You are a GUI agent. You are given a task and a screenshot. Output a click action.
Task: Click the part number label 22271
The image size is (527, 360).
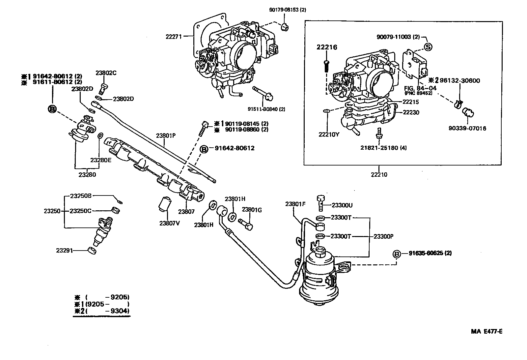click(x=173, y=37)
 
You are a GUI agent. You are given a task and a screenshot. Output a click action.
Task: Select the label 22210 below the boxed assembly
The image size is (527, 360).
click(x=379, y=175)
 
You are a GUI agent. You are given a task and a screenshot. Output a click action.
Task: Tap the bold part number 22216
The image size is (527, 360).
click(x=327, y=47)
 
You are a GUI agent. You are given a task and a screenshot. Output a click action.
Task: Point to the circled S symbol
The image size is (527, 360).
click(x=428, y=47)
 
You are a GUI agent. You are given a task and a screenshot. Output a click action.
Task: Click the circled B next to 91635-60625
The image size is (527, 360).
click(x=397, y=254)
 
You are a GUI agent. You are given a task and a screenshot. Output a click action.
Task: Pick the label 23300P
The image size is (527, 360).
click(x=384, y=236)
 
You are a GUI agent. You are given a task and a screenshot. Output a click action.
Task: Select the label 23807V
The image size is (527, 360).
click(x=170, y=223)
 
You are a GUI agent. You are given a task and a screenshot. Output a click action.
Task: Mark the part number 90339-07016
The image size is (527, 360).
click(x=467, y=128)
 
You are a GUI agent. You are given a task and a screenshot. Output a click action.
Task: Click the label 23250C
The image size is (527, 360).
click(x=80, y=211)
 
